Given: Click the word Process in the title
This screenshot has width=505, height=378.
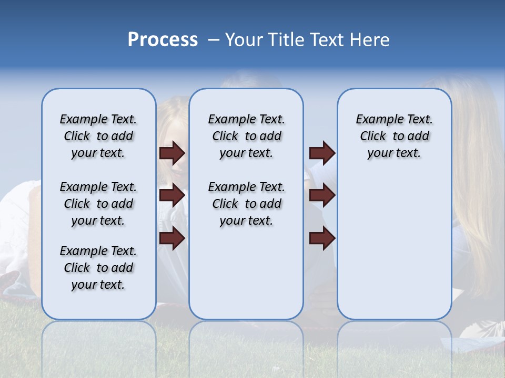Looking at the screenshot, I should click(163, 40).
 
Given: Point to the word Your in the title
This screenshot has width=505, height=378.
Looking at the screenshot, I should click(245, 40).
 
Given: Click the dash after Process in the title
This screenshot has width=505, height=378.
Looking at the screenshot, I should click(214, 40).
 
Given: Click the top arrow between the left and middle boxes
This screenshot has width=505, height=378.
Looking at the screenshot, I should click(172, 153).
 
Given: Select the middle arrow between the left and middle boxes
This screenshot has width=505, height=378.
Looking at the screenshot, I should click(172, 195).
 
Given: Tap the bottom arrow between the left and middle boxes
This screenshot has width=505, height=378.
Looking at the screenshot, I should click(172, 238).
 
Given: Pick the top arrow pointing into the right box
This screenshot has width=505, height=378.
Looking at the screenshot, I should click(322, 153).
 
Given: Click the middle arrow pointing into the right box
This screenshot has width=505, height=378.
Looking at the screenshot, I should click(322, 195).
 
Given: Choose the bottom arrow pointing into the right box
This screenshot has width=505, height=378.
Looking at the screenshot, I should click(322, 238).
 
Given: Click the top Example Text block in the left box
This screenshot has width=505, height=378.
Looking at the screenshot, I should click(98, 136).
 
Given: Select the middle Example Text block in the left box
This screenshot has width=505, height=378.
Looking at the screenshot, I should click(98, 204).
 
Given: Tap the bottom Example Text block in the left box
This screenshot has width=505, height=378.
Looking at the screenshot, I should click(98, 268).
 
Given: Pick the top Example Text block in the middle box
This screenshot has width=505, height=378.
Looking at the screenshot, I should click(246, 136).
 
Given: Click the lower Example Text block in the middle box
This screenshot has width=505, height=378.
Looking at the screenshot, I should click(246, 204).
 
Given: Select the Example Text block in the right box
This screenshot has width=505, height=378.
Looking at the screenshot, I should click(394, 136).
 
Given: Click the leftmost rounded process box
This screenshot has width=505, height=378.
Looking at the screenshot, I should click(98, 304).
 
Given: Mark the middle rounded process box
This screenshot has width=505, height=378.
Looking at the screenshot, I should click(246, 273).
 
